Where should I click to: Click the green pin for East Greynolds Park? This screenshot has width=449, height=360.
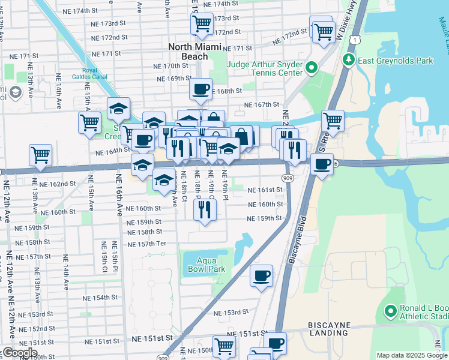pyautogui.click(x=348, y=60)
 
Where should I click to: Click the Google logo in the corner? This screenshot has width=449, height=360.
pyautogui.click(x=19, y=353)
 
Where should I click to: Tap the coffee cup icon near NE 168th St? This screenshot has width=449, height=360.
pyautogui.click(x=200, y=89)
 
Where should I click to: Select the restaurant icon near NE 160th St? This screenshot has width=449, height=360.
pyautogui.click(x=205, y=209)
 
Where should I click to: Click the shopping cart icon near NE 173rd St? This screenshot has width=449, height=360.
pyautogui.click(x=202, y=24)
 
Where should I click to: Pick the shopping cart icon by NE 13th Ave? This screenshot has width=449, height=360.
pyautogui.click(x=40, y=154)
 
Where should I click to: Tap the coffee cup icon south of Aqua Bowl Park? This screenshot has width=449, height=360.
pyautogui.click(x=261, y=275)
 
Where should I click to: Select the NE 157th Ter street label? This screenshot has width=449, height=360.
pyautogui.click(x=146, y=244)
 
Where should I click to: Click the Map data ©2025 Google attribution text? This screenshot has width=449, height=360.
pyautogui.click(x=411, y=355)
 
